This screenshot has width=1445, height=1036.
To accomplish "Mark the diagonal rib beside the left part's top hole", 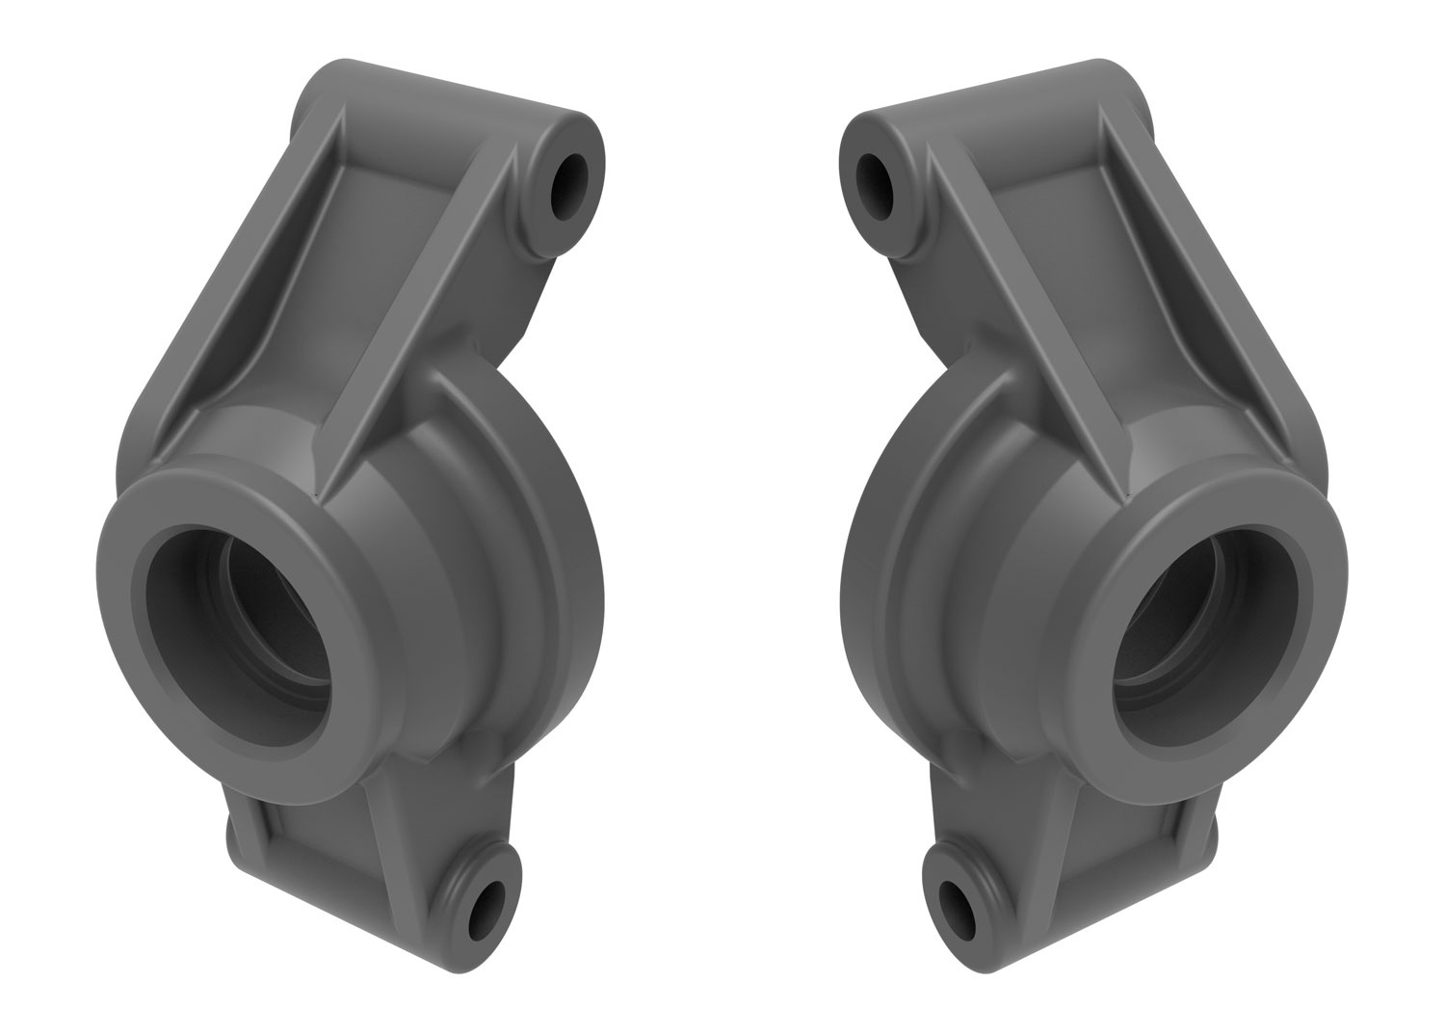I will point(424,318).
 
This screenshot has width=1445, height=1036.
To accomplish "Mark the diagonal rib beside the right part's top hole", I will point(1021,318).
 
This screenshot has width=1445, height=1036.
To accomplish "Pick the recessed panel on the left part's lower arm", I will point(318,838).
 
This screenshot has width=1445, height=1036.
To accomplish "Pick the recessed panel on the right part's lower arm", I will point(1127,838).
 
